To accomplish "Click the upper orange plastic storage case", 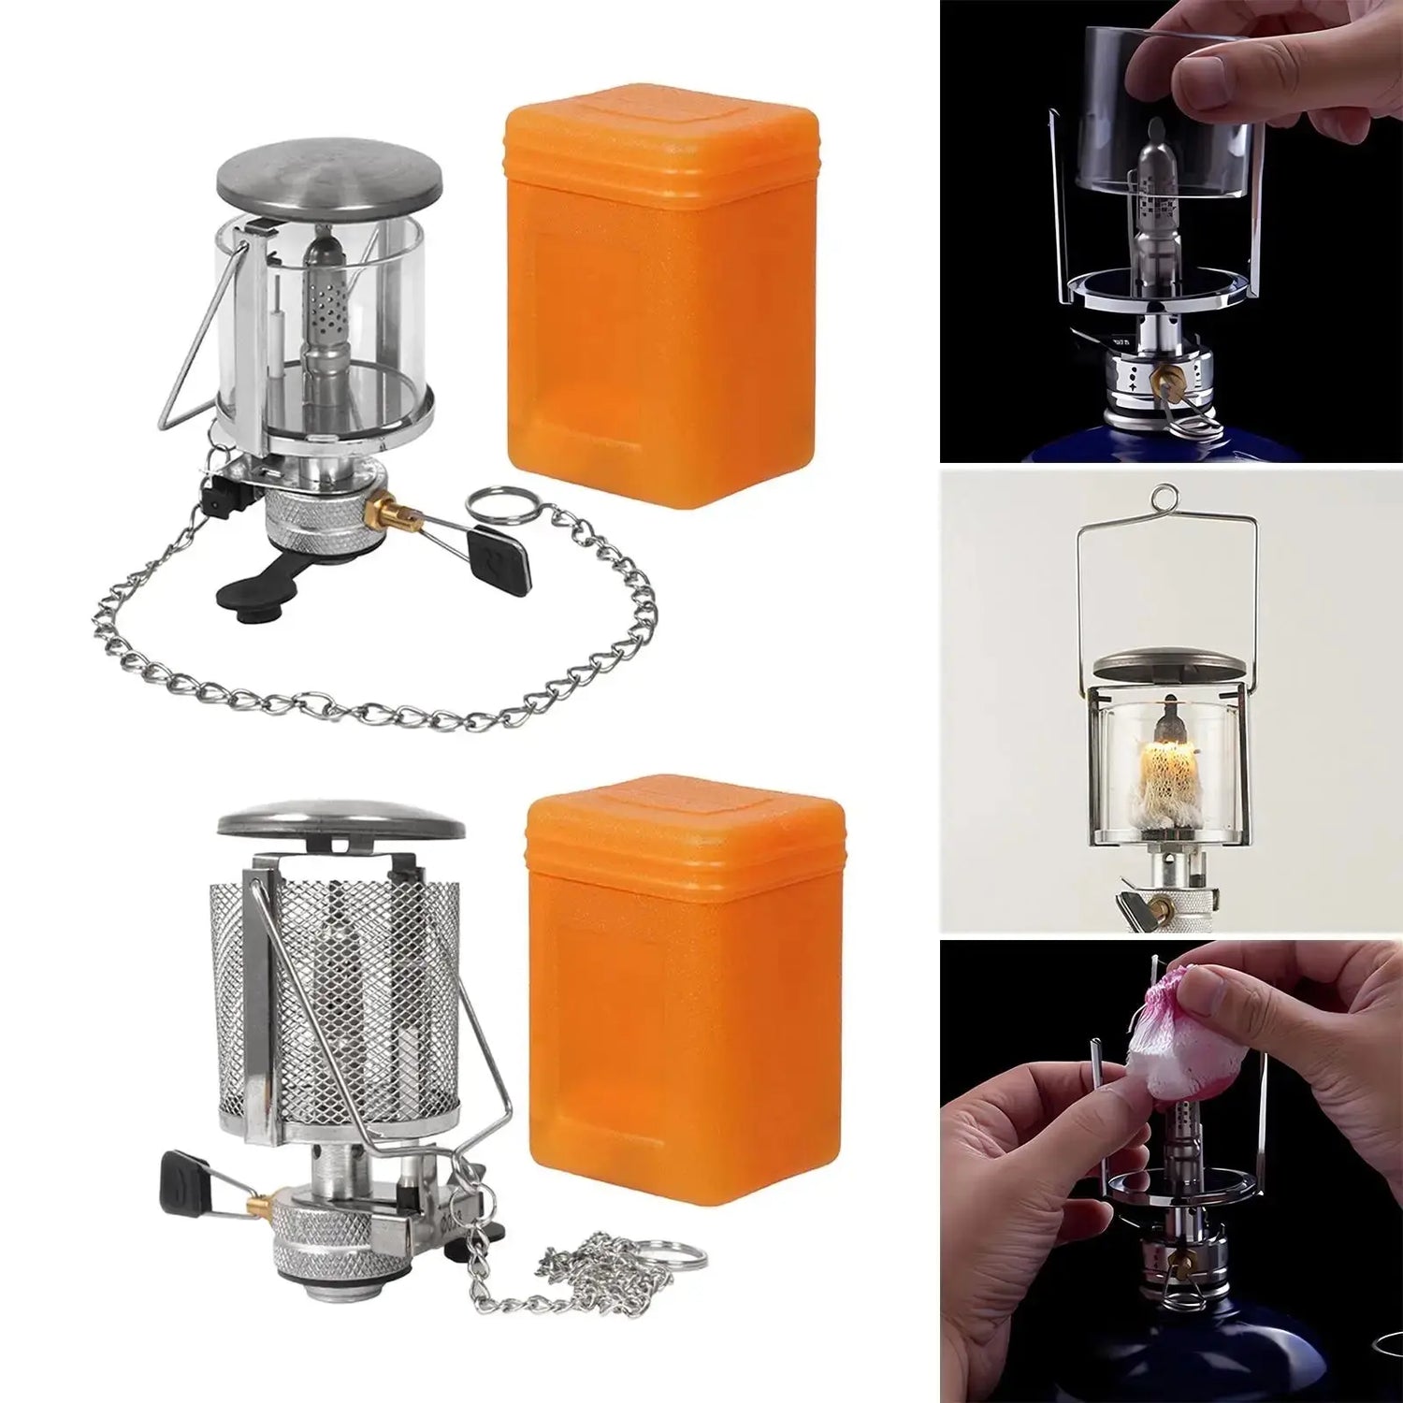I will [659, 299].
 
